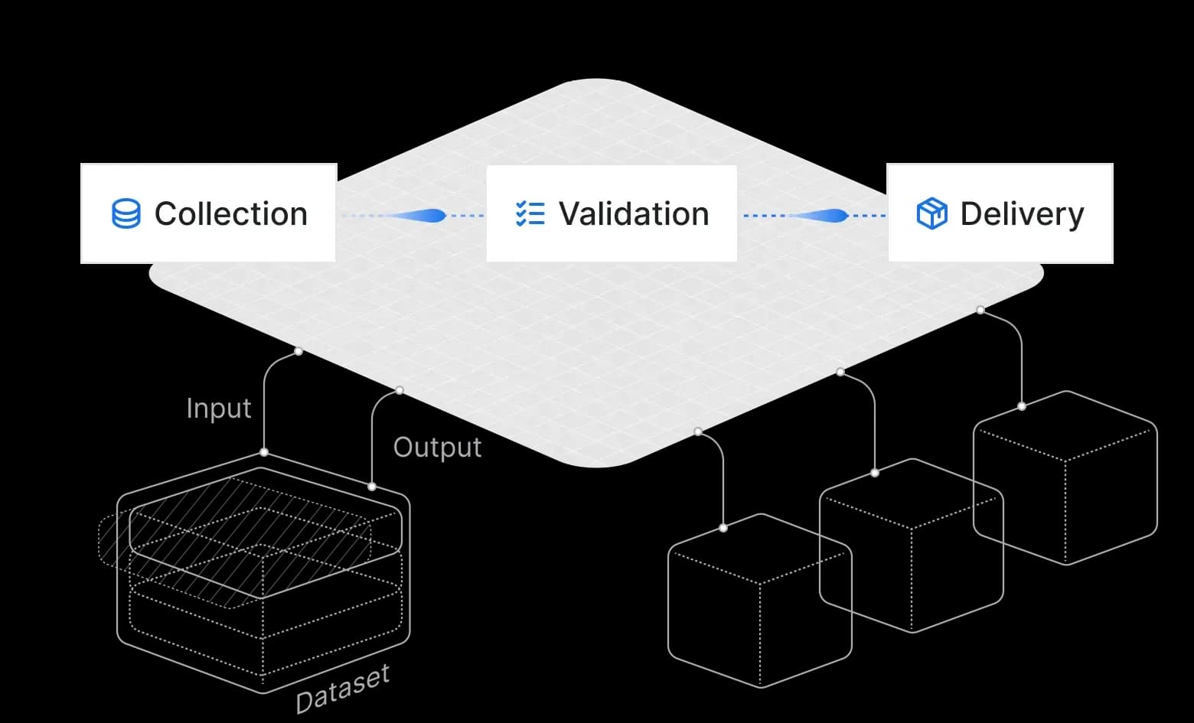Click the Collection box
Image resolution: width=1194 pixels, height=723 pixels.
[x=208, y=213]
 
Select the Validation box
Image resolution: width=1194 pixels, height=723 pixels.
[x=612, y=213]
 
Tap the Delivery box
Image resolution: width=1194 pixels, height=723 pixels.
[x=1000, y=213]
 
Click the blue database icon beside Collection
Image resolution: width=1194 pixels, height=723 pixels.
[x=126, y=214]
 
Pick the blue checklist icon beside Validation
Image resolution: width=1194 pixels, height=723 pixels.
[x=530, y=214]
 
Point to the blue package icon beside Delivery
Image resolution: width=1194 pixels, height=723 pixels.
[x=931, y=214]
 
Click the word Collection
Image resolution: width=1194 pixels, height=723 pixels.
[x=231, y=214]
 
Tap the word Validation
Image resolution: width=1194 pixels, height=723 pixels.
[x=634, y=214]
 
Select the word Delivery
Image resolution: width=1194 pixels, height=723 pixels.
[x=1022, y=214]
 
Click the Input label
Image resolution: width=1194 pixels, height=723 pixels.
[x=219, y=409]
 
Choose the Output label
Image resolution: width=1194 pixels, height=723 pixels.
[x=437, y=448]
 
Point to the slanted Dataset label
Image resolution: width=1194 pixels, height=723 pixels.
[x=342, y=688]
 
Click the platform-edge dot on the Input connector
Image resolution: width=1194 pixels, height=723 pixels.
[x=298, y=351]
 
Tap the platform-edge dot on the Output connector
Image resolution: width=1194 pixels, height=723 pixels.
[x=400, y=391]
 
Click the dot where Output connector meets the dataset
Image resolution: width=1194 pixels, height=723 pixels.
[x=372, y=487]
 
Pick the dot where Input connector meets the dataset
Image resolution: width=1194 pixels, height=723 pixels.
[x=264, y=452]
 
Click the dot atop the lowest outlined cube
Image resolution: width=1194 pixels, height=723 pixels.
[x=723, y=528]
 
